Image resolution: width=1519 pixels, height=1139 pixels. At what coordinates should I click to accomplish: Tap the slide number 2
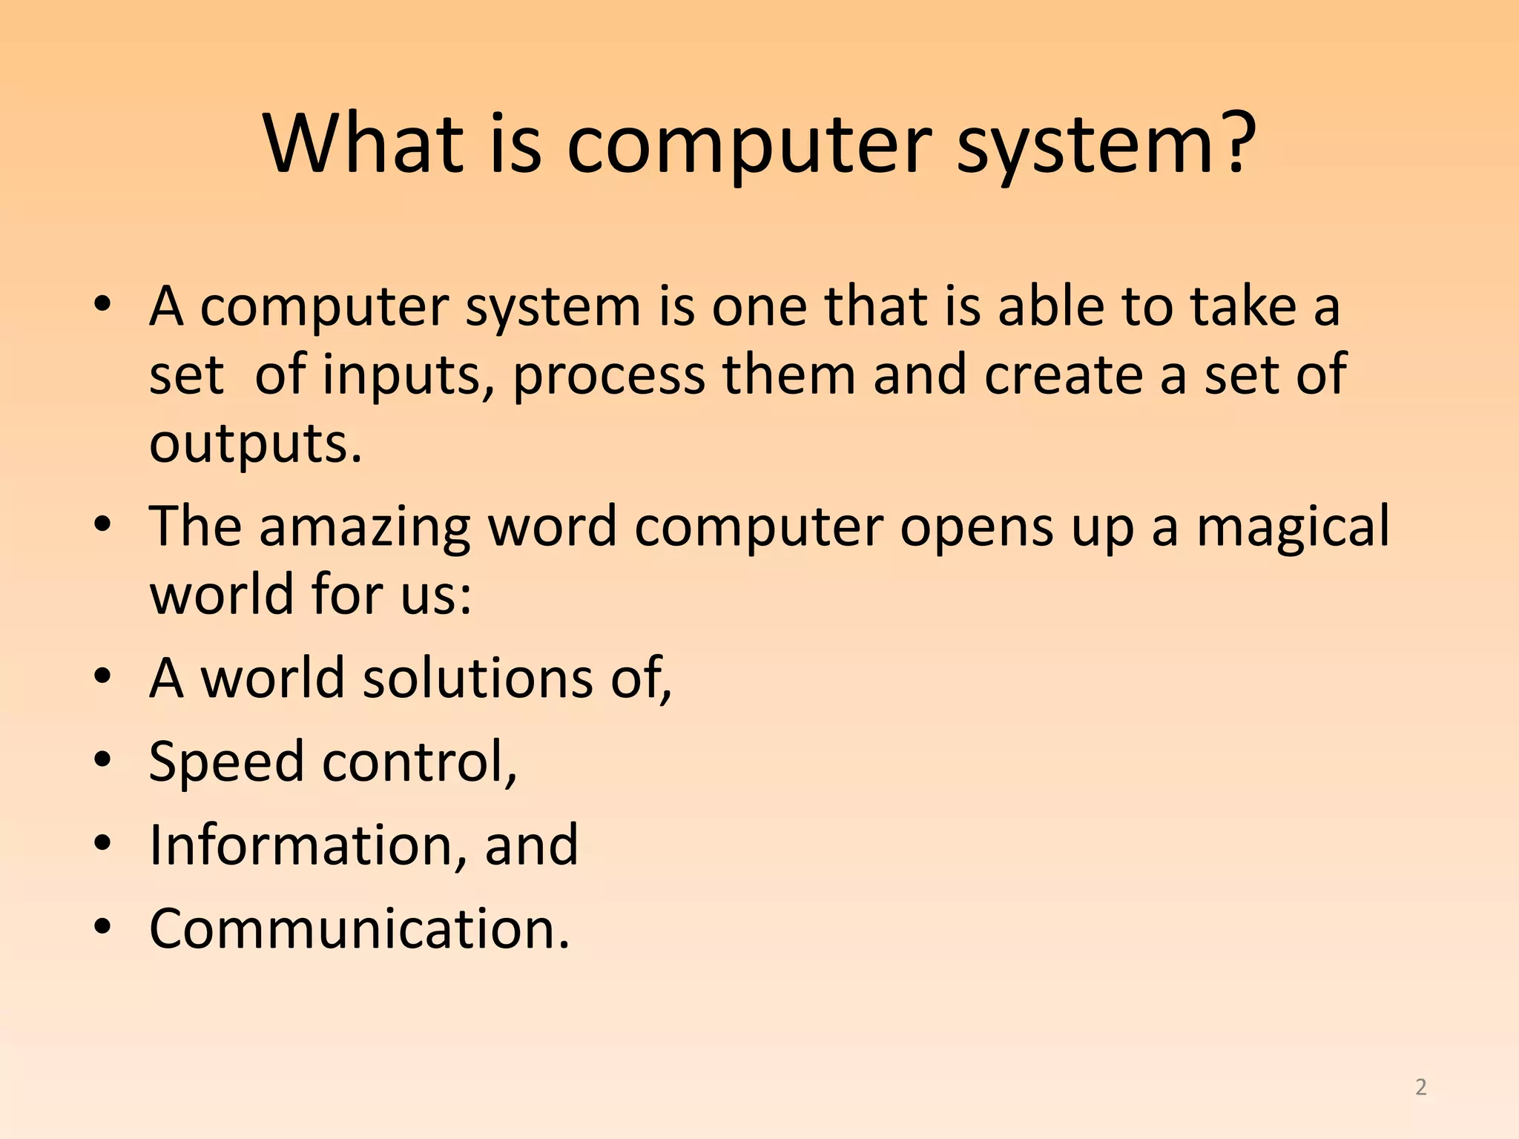coord(1420,1087)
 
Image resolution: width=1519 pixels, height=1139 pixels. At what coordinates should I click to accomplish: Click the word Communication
coord(359,928)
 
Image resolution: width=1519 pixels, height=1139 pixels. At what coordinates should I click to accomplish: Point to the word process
coord(608,377)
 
